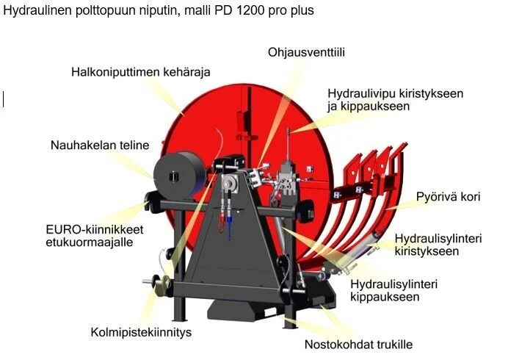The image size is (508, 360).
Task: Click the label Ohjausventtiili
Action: [306, 53]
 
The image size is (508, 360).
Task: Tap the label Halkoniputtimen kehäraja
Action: [141, 72]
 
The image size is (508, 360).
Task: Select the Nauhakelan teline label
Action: [100, 145]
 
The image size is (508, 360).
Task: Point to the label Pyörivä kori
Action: [448, 197]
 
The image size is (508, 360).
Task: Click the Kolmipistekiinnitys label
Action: [141, 332]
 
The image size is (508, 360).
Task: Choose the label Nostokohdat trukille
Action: [359, 345]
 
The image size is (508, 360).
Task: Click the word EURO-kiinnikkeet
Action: [95, 230]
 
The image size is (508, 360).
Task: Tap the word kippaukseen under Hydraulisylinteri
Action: [385, 297]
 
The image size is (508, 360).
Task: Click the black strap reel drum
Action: [179, 175]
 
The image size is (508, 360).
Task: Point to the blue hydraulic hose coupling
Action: [229, 220]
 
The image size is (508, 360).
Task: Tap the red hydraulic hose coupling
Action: [222, 218]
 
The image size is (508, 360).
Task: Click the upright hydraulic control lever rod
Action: [288, 144]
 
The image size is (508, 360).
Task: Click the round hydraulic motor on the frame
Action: [230, 183]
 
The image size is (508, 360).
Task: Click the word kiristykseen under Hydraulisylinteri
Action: [427, 251]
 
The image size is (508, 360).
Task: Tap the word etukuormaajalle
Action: [90, 242]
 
